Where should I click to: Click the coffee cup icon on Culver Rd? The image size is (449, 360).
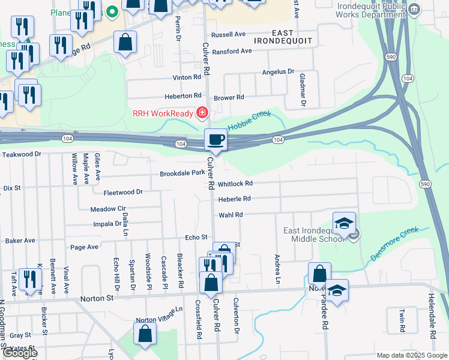coord(216,140)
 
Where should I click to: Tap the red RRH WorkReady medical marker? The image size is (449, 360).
coord(202,113)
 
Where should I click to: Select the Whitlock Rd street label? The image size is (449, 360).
coord(235,184)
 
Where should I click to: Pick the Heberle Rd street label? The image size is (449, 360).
coord(234,199)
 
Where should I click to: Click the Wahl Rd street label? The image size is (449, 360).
coord(231,214)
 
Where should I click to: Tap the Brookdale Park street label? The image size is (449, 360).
coord(182,173)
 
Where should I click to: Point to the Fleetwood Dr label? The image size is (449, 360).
coord(123,192)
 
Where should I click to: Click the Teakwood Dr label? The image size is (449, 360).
coord(21,154)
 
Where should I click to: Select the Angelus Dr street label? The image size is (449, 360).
coord(278,72)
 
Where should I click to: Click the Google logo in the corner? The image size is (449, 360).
coord(20,353)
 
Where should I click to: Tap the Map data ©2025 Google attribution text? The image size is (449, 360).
coord(411,355)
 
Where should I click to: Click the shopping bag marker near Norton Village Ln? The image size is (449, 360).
coord(145,334)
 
